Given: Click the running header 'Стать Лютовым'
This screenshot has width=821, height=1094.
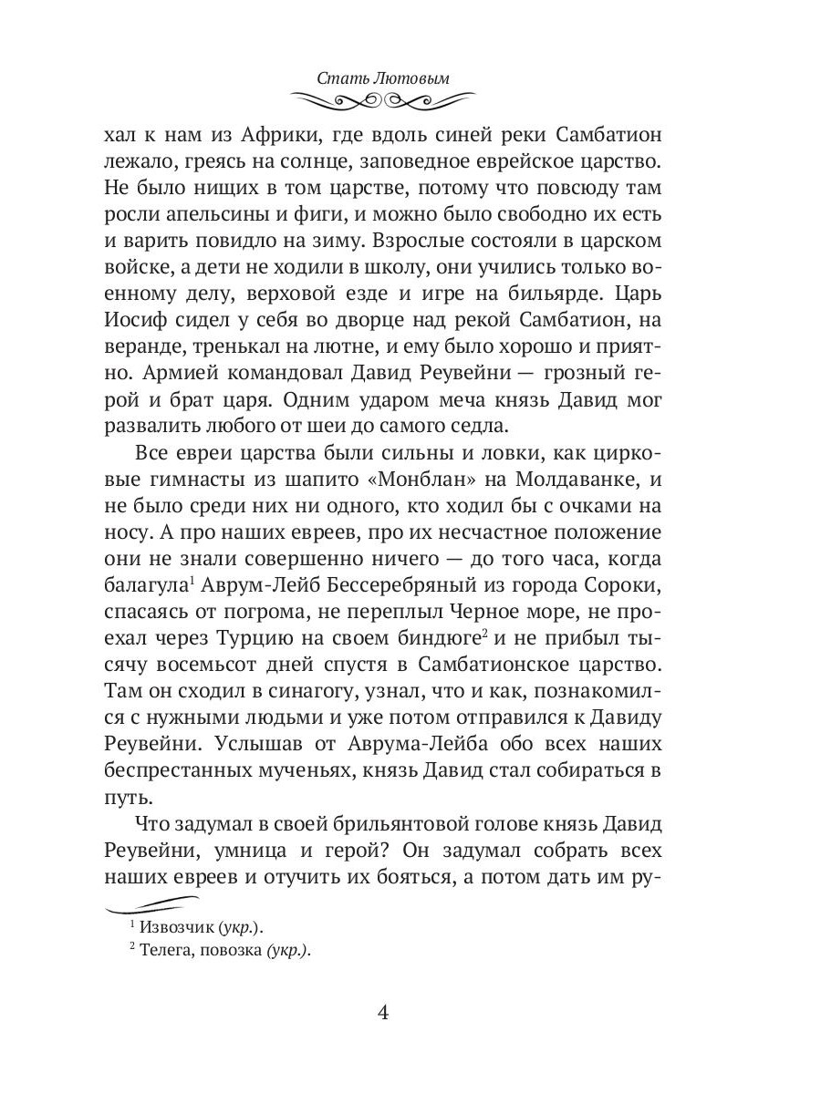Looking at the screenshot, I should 383,78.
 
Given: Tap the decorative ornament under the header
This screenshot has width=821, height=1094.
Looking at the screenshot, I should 383,98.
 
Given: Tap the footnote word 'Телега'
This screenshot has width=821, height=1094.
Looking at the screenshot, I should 166,950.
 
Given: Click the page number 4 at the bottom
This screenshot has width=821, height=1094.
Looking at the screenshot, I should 383,1013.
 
